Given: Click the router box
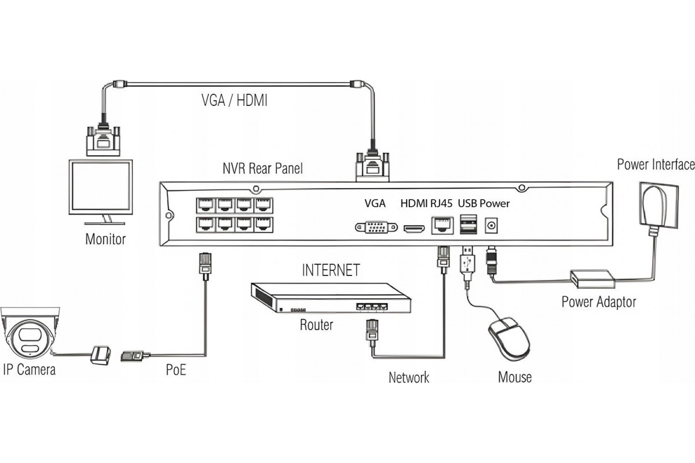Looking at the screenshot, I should pyautogui.click(x=330, y=298).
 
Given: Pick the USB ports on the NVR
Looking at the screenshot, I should pyautogui.click(x=467, y=224).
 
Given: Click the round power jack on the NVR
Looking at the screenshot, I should pyautogui.click(x=492, y=225).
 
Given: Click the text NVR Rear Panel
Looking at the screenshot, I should pyautogui.click(x=262, y=169).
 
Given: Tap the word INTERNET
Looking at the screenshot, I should pyautogui.click(x=331, y=270).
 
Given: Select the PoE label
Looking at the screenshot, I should pyautogui.click(x=176, y=370).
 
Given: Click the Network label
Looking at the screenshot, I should pyautogui.click(x=409, y=378).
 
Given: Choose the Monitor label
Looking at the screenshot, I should pyautogui.click(x=105, y=238).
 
